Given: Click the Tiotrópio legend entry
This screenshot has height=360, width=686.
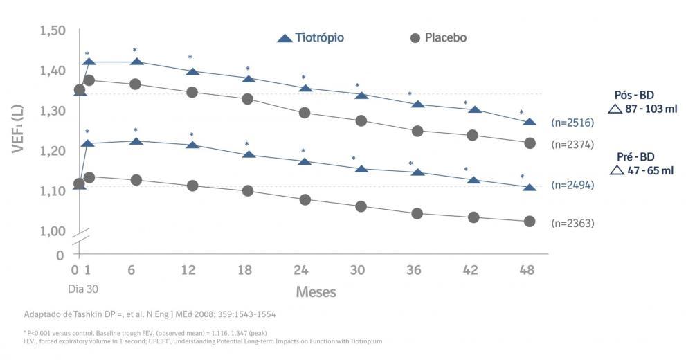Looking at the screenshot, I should point(309,37).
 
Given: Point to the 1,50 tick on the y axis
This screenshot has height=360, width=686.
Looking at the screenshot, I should point(53,31).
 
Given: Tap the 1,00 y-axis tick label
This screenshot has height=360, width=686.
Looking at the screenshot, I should point(53,231).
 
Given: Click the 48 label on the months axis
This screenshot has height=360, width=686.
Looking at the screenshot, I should point(527,270).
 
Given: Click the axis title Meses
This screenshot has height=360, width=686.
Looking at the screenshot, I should point(316,291).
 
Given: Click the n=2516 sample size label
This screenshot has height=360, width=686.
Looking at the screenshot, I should point(573,123).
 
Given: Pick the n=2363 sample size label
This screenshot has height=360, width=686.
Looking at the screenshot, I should point(573,223).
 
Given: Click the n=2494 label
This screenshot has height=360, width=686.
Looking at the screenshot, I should point(573,186).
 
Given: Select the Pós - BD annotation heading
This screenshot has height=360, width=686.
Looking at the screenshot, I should point(634,95).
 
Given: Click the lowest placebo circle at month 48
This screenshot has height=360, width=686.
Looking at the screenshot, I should point(530,222).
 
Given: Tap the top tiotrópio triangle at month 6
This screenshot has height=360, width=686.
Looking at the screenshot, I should point(136,62).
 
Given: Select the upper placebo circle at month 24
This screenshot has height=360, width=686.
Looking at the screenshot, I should point(304,112).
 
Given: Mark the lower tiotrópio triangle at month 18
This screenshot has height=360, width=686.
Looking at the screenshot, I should point(248,154).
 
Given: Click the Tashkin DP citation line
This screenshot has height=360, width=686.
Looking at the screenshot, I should point(150,314).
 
